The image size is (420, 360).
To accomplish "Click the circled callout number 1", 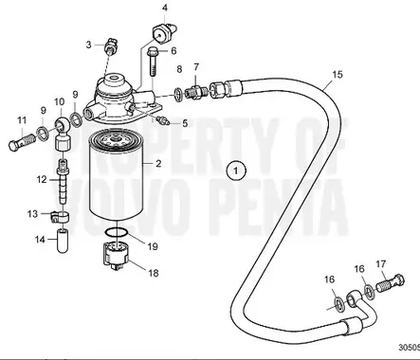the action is click(235, 171).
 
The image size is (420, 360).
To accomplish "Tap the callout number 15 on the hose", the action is click(338, 74).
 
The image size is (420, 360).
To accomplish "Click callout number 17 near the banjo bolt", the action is click(381, 263).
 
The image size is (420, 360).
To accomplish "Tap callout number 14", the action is click(40, 239).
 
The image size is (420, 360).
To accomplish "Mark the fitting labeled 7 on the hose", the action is click(196, 91).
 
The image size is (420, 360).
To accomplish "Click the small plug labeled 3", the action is click(112, 44).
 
